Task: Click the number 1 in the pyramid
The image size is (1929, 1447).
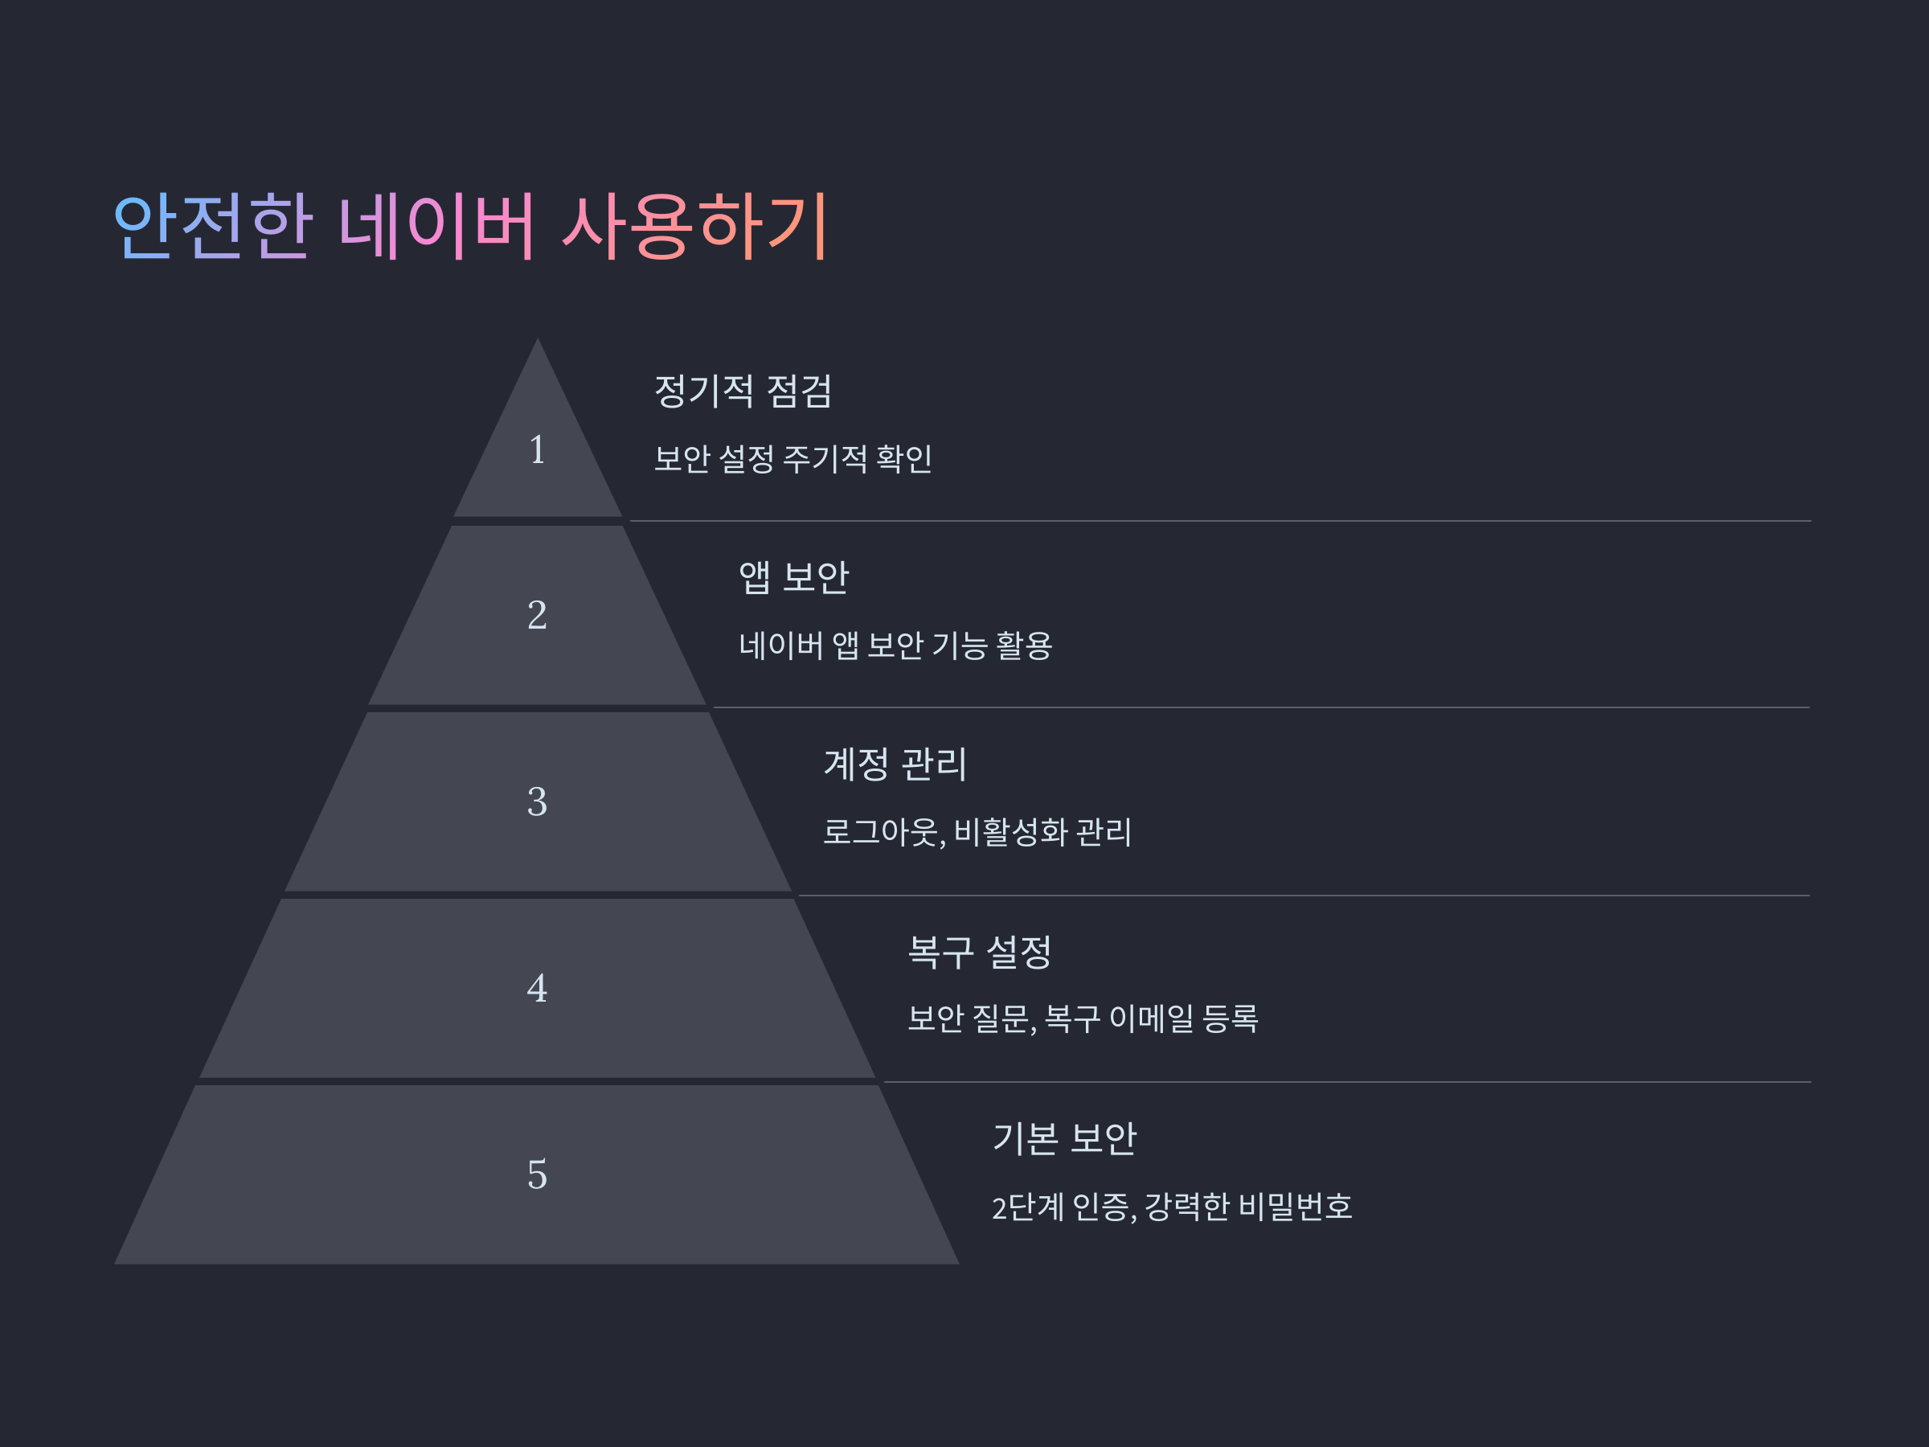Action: click(x=537, y=450)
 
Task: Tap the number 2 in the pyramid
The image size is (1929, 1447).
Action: click(x=537, y=615)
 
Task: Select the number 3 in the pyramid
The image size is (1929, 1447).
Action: click(x=537, y=801)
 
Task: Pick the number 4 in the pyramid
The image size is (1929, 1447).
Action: click(x=537, y=988)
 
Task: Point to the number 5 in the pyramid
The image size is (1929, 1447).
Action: click(x=537, y=1174)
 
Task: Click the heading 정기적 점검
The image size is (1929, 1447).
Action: click(x=743, y=391)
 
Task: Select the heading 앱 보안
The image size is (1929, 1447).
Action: click(x=793, y=577)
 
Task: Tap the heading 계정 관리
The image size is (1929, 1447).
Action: click(x=895, y=764)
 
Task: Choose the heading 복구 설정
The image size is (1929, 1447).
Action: click(x=979, y=952)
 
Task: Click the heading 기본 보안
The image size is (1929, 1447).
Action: click(x=1064, y=1138)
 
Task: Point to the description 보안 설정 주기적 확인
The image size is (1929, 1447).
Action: click(x=792, y=459)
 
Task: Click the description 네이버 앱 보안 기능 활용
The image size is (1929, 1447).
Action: click(x=895, y=646)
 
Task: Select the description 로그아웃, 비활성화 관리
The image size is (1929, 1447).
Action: click(x=977, y=832)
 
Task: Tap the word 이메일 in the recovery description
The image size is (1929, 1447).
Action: click(x=1151, y=1019)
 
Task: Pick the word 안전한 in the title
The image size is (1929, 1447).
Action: click(x=214, y=227)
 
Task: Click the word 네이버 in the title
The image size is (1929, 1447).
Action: click(x=436, y=227)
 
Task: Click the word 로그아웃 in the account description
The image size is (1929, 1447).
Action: click(x=882, y=832)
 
